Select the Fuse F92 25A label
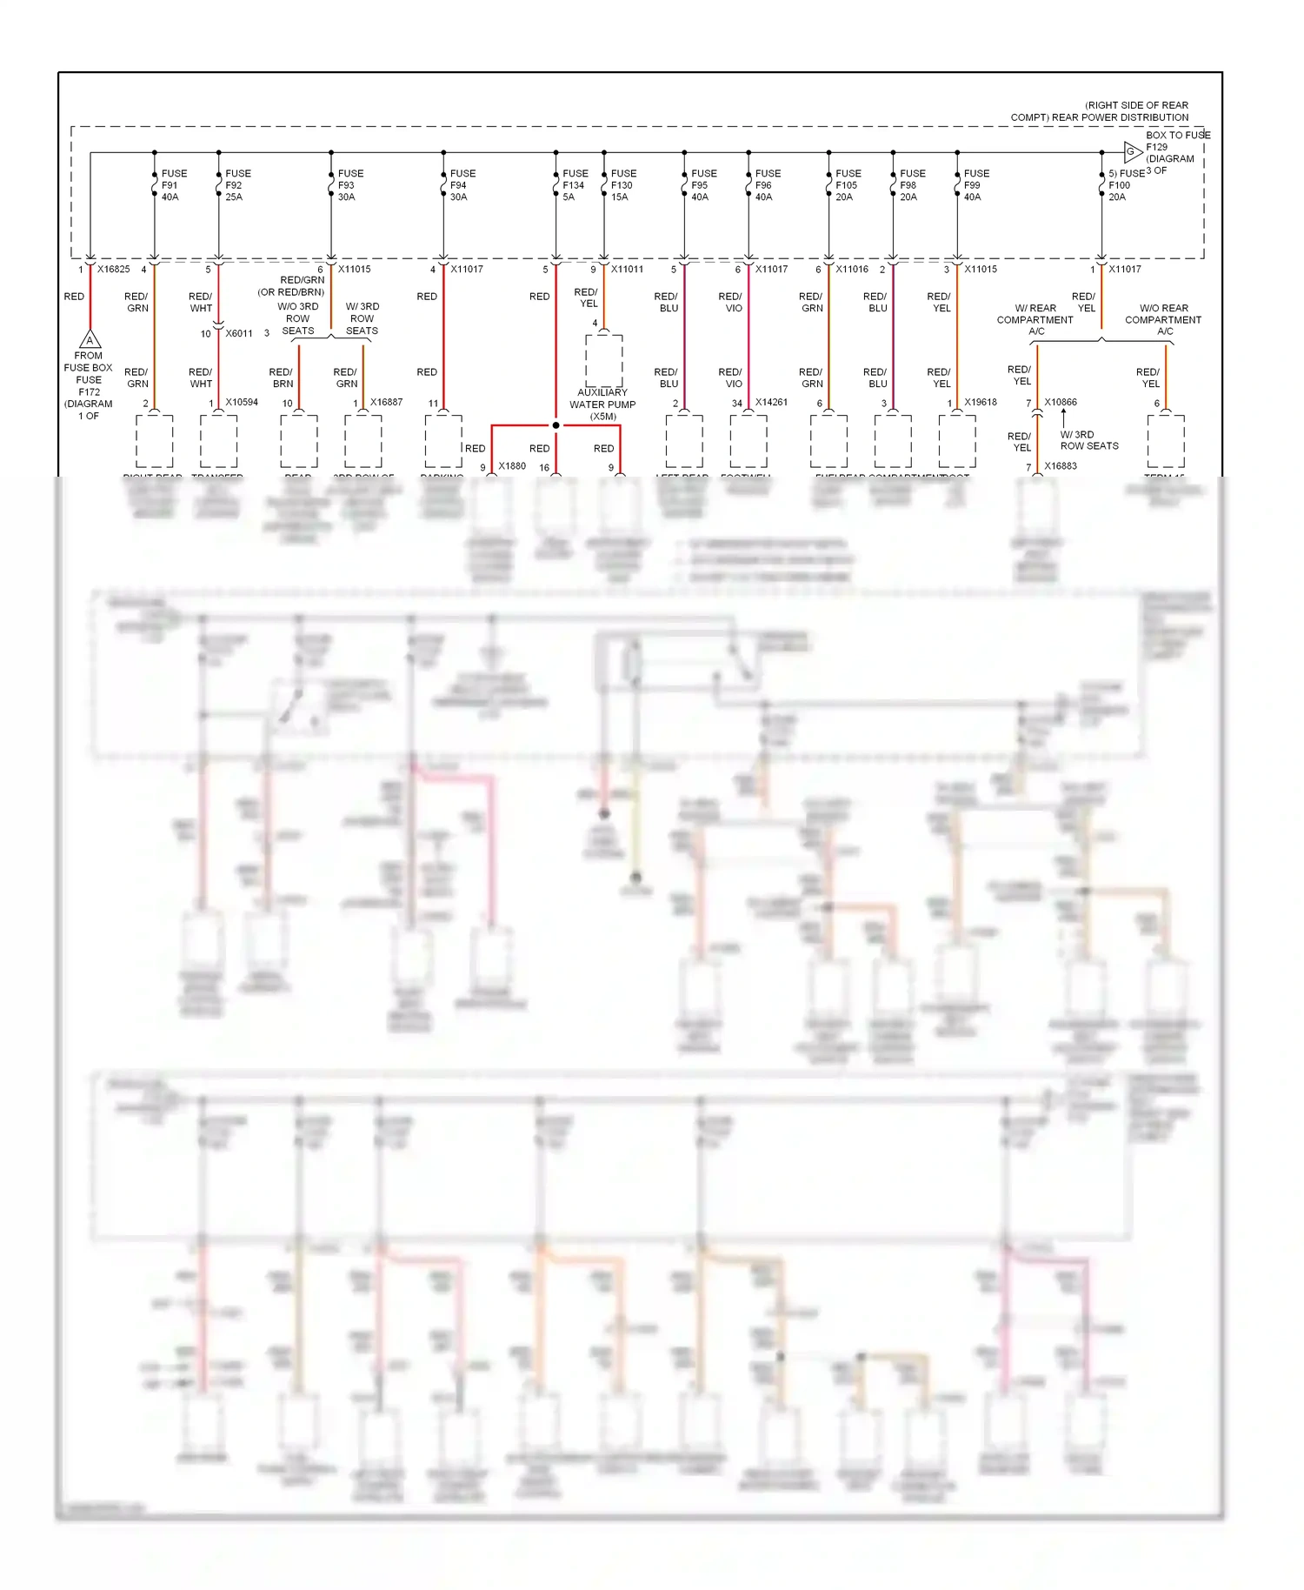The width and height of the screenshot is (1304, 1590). [237, 185]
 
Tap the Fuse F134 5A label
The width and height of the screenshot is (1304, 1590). [575, 185]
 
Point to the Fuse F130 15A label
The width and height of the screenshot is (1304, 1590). [622, 185]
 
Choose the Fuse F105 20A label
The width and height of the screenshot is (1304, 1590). [848, 185]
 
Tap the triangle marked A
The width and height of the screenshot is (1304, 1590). [90, 339]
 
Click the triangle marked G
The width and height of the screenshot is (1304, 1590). [1132, 152]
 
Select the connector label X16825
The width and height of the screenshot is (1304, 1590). [113, 270]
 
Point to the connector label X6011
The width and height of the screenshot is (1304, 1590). [239, 333]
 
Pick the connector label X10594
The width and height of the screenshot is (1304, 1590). [242, 402]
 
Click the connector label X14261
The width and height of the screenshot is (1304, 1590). [771, 402]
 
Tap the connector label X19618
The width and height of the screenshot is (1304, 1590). [981, 402]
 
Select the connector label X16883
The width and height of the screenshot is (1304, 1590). [1061, 466]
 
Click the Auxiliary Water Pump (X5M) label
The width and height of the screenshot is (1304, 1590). [602, 404]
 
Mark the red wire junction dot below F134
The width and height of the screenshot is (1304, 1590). [556, 425]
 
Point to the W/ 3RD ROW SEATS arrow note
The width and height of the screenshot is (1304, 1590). [1088, 440]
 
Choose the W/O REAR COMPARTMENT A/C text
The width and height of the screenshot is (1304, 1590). [1162, 319]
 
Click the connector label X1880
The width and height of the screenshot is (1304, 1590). [512, 466]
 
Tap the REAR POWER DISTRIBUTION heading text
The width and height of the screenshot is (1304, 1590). [1100, 111]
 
